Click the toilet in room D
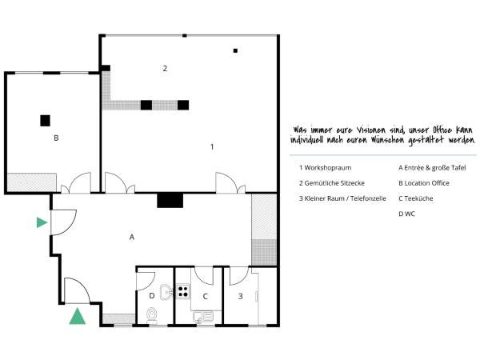pos(152,316)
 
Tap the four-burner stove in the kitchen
pos(183,291)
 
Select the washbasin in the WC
pos(166,292)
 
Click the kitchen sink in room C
pos(202,317)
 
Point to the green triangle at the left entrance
pos(42,222)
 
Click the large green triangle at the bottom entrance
pos(77,316)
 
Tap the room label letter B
pos(56,138)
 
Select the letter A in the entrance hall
pos(132,237)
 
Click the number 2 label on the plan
pos(165,68)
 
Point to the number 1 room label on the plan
pos(212,147)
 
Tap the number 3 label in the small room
pos(241,296)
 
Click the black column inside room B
pos(45,121)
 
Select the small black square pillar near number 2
pos(235,51)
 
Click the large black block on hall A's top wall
pos(170,201)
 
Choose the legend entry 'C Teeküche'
pos(416,198)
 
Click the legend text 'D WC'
pos(406,214)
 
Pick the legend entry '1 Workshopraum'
pos(326,168)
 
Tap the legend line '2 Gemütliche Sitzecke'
pos(332,183)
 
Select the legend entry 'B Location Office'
pos(424,183)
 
